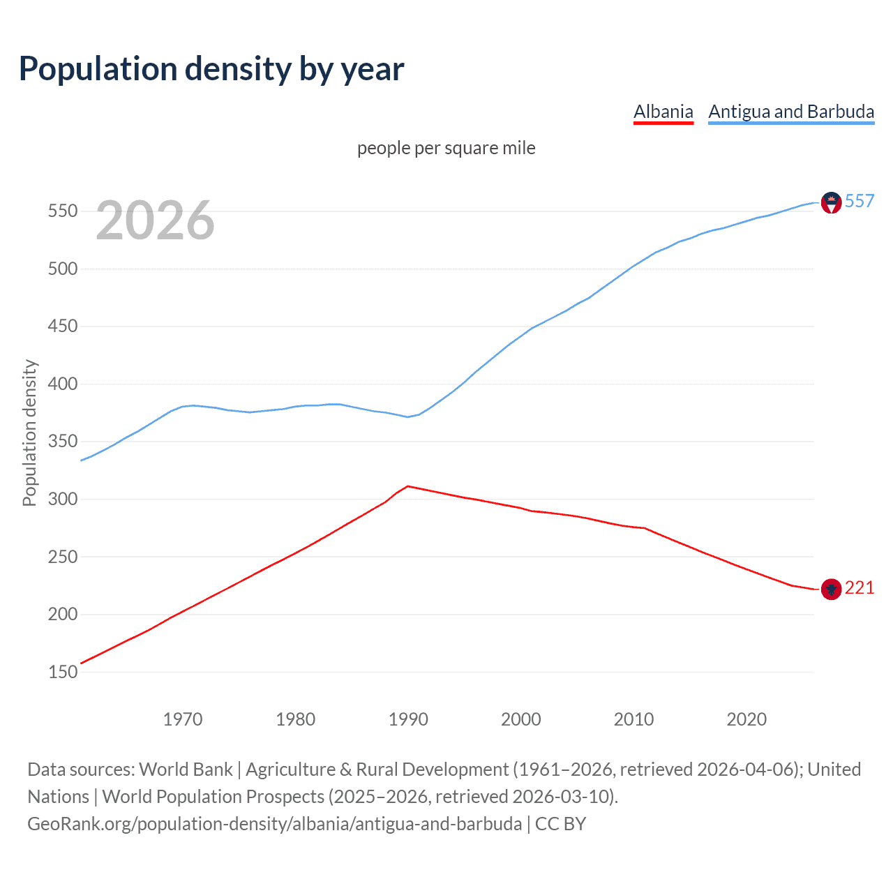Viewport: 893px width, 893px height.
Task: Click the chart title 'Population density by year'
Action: [x=211, y=69]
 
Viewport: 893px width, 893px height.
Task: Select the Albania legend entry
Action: [x=663, y=112]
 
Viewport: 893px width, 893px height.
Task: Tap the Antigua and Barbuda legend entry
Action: [x=791, y=112]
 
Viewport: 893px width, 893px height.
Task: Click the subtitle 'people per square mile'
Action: [x=446, y=148]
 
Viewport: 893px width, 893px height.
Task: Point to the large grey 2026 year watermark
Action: [x=155, y=220]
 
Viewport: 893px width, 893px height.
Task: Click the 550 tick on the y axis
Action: [x=62, y=211]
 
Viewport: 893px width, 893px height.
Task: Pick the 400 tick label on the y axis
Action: [x=62, y=384]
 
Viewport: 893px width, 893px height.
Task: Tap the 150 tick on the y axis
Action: [x=62, y=672]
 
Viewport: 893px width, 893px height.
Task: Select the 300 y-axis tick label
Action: [x=62, y=499]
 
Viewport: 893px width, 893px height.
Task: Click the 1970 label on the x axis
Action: [x=183, y=719]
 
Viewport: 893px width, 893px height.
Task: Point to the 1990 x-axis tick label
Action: [x=408, y=719]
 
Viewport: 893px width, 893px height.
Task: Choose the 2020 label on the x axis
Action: [x=746, y=719]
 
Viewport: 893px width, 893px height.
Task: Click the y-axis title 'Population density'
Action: [x=29, y=433]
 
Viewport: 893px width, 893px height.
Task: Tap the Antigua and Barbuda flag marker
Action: [x=831, y=202]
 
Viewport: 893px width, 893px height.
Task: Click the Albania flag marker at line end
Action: [x=831, y=590]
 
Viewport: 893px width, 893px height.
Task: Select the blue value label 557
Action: [x=860, y=201]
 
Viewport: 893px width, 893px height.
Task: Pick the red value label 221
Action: [x=860, y=588]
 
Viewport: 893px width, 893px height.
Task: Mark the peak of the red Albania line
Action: [x=407, y=486]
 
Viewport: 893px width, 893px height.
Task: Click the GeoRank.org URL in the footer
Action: [x=274, y=824]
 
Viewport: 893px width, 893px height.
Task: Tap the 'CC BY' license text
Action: [x=560, y=824]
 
